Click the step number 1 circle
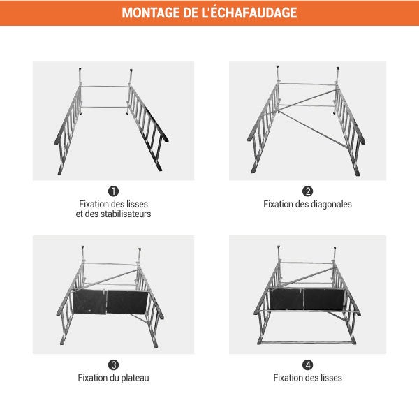(113, 191)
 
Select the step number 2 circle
(307, 191)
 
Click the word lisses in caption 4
(330, 378)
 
